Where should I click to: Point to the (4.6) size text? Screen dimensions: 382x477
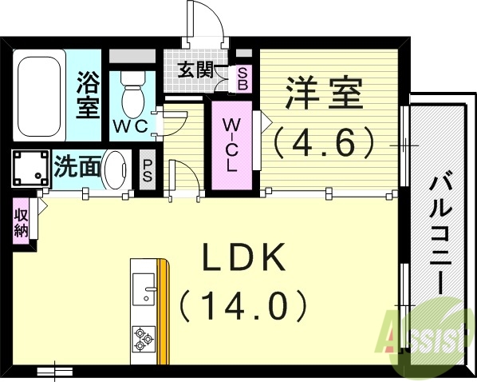[324, 141]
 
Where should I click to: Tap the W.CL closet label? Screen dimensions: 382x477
[230, 145]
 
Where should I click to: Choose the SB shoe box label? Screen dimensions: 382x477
[242, 78]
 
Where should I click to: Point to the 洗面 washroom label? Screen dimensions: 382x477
[78, 166]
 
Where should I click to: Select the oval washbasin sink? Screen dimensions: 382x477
[116, 168]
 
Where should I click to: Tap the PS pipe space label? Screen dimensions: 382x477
[148, 168]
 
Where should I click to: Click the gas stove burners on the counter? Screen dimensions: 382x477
[144, 338]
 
